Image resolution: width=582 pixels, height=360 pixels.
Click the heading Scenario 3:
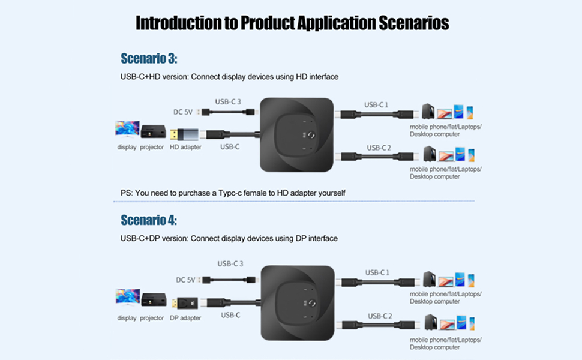click(149, 59)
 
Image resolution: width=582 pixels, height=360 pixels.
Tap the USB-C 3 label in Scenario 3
click(228, 101)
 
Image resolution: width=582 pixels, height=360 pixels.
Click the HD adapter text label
click(185, 147)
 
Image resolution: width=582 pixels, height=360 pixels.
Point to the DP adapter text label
click(185, 318)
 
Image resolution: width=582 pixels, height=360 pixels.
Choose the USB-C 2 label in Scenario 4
click(379, 316)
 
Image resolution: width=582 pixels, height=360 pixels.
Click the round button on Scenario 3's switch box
click(311, 136)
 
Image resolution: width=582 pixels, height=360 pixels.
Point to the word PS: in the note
click(127, 193)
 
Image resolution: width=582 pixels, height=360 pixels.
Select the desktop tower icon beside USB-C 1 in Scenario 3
click(428, 112)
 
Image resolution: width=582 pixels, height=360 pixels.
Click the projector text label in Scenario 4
click(152, 318)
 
